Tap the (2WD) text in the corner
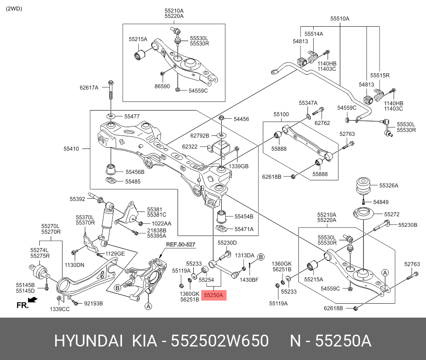tap(14, 9)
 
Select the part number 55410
tap(71, 149)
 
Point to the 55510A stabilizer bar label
tap(340, 19)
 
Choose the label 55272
tap(392, 215)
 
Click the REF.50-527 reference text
tap(180, 244)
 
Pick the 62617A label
tap(89, 87)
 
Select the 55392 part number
tap(77, 199)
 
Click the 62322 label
tap(190, 147)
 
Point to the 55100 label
tap(281, 114)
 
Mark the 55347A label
tap(308, 103)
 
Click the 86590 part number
tap(162, 87)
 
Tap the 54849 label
tap(381, 202)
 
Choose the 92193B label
tap(94, 302)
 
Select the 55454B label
tap(244, 216)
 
